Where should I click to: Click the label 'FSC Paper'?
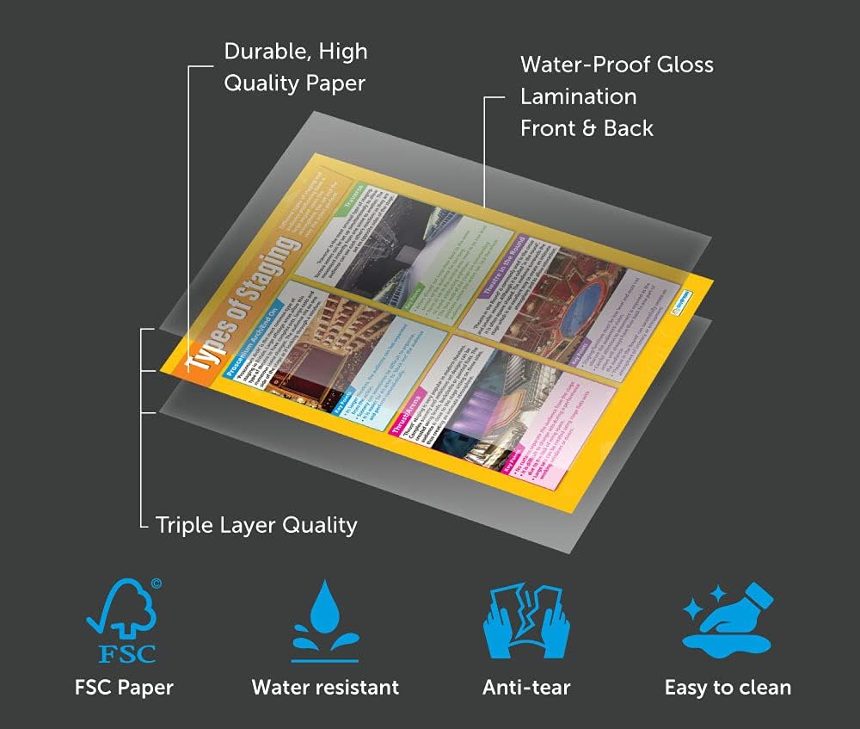pyautogui.click(x=122, y=688)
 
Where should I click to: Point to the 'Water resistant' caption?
pyautogui.click(x=325, y=688)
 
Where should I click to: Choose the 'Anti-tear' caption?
pyautogui.click(x=526, y=688)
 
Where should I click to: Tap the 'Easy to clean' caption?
pyautogui.click(x=728, y=688)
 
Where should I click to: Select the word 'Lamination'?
pyautogui.click(x=578, y=96)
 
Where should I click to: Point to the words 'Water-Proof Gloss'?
pyautogui.click(x=617, y=65)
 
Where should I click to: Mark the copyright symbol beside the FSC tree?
pyautogui.click(x=156, y=584)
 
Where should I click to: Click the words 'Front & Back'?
pyautogui.click(x=587, y=128)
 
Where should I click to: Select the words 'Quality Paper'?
pyautogui.click(x=295, y=83)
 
